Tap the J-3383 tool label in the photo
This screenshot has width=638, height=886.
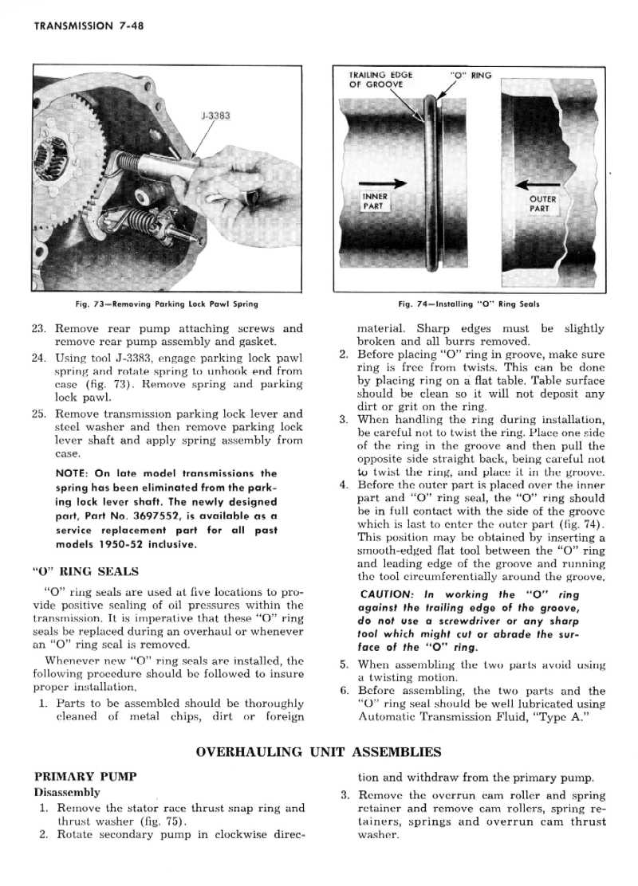(213, 116)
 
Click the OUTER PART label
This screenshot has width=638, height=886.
(543, 204)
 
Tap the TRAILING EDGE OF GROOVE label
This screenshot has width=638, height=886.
(380, 80)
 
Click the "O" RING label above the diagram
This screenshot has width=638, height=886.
(471, 76)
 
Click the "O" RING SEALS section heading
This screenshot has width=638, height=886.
(85, 570)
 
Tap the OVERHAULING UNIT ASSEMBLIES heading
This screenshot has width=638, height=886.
(318, 751)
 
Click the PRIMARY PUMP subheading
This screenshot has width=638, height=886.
(85, 775)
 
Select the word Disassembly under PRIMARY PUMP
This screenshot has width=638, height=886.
(67, 792)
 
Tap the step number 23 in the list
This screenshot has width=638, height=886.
(41, 328)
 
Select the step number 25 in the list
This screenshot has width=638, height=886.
(41, 414)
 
